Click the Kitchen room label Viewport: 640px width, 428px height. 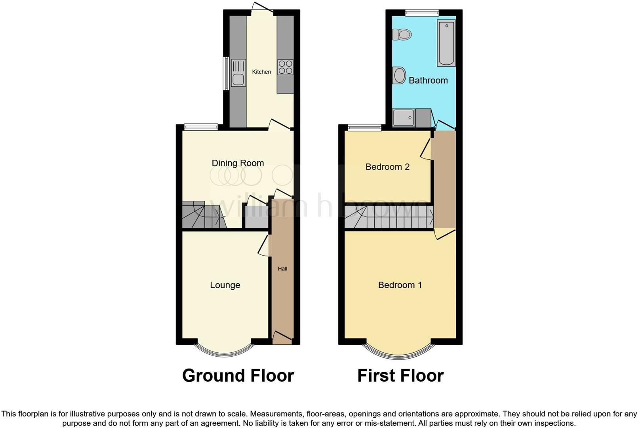tap(261, 72)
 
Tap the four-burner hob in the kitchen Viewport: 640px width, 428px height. tap(285, 67)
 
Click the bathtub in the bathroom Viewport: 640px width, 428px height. tap(446, 43)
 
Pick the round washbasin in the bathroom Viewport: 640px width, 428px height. tap(399, 75)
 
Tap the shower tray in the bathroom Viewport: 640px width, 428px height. tap(403, 118)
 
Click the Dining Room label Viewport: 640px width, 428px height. tap(238, 163)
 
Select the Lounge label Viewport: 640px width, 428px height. tap(225, 285)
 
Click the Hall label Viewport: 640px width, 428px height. tap(282, 269)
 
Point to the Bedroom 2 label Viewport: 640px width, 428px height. tap(387, 167)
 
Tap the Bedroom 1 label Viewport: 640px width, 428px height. tap(400, 285)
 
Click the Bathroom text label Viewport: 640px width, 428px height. tap(428, 80)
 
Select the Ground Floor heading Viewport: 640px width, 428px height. tap(238, 375)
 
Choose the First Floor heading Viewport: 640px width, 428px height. tap(400, 375)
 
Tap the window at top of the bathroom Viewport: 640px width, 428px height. tap(422, 13)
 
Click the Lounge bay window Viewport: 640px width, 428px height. tap(225, 351)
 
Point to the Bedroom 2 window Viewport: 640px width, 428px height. tap(364, 128)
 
